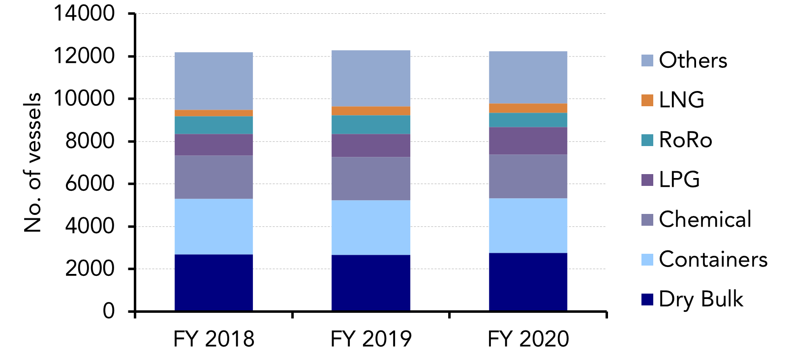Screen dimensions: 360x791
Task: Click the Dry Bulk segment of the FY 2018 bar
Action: click(213, 282)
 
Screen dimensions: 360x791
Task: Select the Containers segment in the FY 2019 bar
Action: click(370, 227)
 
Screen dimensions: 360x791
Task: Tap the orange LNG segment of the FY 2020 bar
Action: click(528, 108)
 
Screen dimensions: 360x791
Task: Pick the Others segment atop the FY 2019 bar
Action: click(370, 78)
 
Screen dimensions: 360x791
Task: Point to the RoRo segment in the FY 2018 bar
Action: click(213, 125)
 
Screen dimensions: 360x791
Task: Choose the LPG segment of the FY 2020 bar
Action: click(528, 141)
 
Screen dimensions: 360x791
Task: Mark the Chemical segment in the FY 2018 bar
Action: click(213, 177)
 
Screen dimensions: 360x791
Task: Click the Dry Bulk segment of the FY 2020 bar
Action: click(528, 282)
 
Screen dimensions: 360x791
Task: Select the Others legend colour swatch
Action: click(647, 60)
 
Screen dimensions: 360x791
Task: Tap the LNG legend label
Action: click(681, 100)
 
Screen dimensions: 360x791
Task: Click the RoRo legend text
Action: click(685, 140)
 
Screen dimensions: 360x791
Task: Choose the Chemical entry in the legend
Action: click(704, 219)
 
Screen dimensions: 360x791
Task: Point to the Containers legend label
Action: click(713, 259)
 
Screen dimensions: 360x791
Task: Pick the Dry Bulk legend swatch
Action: click(647, 299)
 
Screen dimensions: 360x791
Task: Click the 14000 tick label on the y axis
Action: click(84, 13)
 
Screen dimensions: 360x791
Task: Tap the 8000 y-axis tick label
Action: click(90, 141)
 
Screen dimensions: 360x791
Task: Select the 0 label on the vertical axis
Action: click(108, 311)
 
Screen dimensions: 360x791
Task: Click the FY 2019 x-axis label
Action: click(370, 339)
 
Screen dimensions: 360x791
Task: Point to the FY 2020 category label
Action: click(528, 339)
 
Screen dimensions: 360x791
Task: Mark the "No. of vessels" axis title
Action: click(32, 162)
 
